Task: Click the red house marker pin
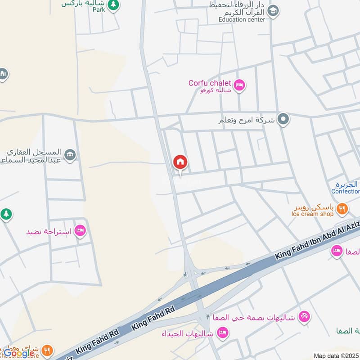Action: [x=180, y=162]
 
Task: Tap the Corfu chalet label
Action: [x=209, y=83]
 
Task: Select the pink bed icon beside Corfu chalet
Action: [x=239, y=85]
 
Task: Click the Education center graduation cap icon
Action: [x=273, y=10]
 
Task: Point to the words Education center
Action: [x=242, y=20]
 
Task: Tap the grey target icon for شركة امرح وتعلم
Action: [x=283, y=119]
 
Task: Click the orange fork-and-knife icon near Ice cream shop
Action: [x=342, y=208]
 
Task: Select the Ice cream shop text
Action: [x=312, y=214]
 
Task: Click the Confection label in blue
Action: [x=345, y=191]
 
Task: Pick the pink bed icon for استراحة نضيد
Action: [x=81, y=231]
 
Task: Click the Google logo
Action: [x=19, y=353]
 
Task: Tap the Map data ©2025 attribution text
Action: [x=335, y=355]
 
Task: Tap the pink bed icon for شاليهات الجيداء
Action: [x=222, y=333]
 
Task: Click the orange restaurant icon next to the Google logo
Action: [x=47, y=350]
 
